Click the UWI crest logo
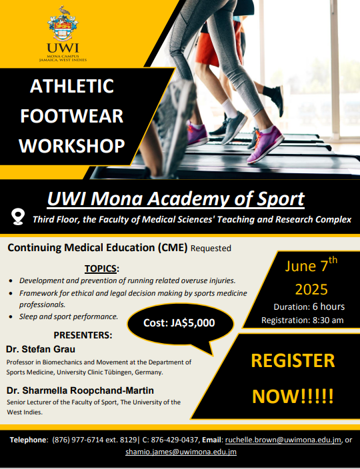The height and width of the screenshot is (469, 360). pyautogui.click(x=63, y=23)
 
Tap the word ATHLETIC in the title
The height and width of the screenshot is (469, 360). pyautogui.click(x=72, y=86)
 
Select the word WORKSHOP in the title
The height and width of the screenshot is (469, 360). pyautogui.click(x=72, y=146)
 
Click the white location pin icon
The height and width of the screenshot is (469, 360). pyautogui.click(x=18, y=217)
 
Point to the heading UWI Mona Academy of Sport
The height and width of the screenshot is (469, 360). pyautogui.click(x=175, y=199)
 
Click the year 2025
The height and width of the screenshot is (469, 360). pyautogui.click(x=311, y=289)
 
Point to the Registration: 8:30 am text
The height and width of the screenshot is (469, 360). pyautogui.click(x=302, y=320)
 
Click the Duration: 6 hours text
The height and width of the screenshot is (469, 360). pyautogui.click(x=309, y=306)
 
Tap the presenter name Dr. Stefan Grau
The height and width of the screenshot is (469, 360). pyautogui.click(x=41, y=349)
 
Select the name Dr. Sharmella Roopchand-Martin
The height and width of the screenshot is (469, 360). pyautogui.click(x=80, y=390)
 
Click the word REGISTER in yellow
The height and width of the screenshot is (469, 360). pyautogui.click(x=293, y=360)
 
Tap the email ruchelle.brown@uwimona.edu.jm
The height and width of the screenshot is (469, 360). pyautogui.click(x=283, y=440)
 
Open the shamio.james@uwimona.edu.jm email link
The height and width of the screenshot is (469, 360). pyautogui.click(x=181, y=452)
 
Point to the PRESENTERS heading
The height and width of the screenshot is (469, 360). pyautogui.click(x=83, y=335)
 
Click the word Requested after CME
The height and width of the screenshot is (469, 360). pyautogui.click(x=211, y=248)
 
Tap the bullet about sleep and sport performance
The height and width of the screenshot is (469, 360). pyautogui.click(x=69, y=316)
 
